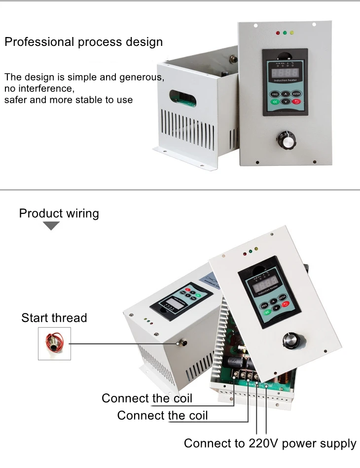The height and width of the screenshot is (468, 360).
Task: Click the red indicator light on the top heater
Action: [278, 34]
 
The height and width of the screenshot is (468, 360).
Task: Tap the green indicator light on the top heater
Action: [285, 34]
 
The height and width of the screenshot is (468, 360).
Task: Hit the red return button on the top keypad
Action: [296, 102]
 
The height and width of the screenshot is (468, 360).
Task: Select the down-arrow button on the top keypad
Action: [285, 102]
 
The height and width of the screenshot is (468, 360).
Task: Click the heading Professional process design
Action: [83, 41]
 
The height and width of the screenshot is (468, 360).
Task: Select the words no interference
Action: [39, 89]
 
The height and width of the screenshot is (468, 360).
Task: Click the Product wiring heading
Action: [59, 213]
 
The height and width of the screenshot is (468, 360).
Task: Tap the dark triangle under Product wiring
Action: [51, 226]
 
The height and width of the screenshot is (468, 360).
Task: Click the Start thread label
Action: [54, 317]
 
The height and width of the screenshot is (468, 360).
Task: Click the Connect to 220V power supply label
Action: [270, 443]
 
